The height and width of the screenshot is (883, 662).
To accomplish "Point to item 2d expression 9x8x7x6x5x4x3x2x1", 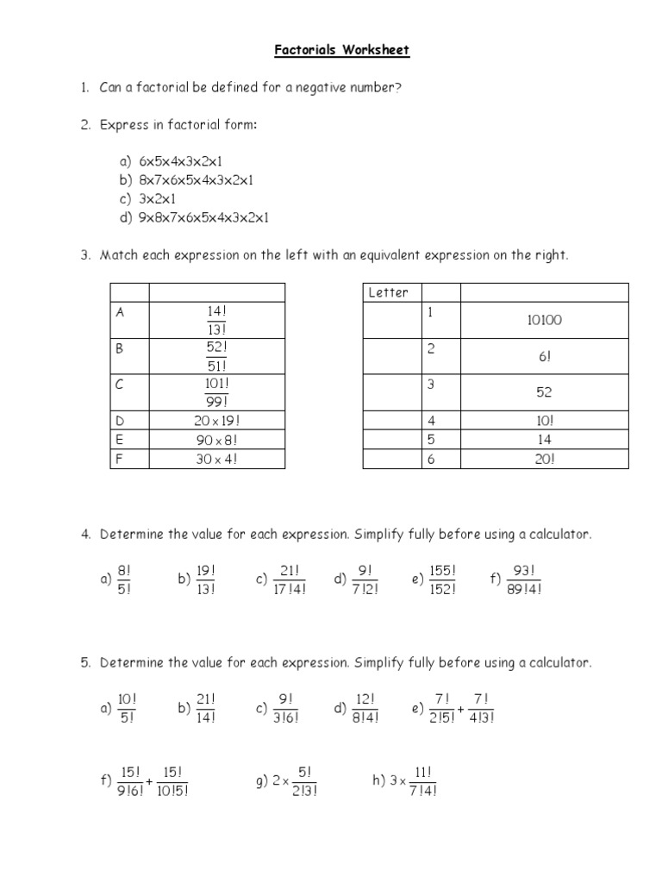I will pos(203,217).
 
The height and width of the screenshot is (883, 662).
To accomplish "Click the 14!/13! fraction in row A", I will pos(216,320).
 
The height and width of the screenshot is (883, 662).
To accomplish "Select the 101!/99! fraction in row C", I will pos(216,392).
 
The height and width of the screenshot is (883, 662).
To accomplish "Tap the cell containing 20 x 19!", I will pos(216,420).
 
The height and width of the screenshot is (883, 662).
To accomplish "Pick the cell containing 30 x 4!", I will pos(216,459).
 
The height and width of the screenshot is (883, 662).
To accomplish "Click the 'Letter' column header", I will pos(389,292).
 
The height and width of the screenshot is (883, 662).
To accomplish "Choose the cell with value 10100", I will pos(544,320).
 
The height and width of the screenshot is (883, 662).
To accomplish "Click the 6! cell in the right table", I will pos(544,356).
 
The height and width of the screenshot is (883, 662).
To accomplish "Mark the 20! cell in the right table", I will pos(544,459).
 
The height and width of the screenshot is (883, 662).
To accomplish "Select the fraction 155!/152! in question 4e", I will pos(440,580).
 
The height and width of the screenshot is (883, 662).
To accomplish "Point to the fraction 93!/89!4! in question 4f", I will pos(524,580).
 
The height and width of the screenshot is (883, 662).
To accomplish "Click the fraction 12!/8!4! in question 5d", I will pos(366,708).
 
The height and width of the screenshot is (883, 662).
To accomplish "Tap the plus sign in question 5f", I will pos(149,782).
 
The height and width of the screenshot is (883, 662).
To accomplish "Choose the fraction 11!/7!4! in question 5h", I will pos(422,782).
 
